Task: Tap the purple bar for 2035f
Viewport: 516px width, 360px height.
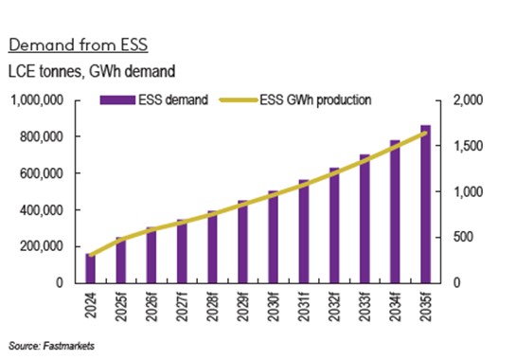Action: [424, 204]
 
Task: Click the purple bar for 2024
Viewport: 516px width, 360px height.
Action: [91, 268]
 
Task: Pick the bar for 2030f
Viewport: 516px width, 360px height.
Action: [273, 237]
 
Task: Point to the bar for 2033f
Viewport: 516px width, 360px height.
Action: [364, 219]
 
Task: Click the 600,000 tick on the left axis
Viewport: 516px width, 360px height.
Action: [42, 173]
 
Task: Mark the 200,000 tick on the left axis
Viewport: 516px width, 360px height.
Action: [42, 246]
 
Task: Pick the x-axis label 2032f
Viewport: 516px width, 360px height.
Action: [334, 309]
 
